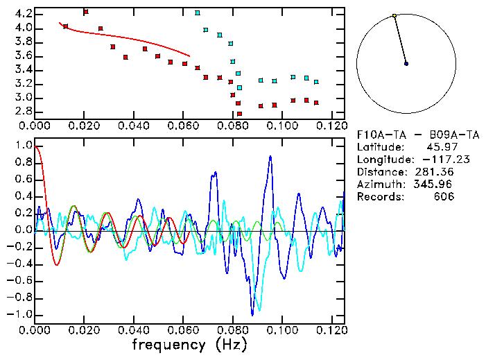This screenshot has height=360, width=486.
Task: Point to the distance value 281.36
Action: [434, 171]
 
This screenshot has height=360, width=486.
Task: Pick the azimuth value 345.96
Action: [434, 184]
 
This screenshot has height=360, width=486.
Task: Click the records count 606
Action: [443, 196]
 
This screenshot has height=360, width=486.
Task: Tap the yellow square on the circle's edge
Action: [394, 15]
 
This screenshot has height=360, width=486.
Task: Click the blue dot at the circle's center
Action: [406, 63]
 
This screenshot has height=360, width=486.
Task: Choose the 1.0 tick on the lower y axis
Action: [21, 146]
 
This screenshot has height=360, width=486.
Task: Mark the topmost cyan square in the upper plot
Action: [198, 12]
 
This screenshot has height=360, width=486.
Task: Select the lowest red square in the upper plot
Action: [240, 114]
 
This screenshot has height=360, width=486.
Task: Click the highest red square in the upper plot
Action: [85, 12]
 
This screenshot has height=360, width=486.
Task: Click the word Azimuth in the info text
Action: [378, 184]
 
